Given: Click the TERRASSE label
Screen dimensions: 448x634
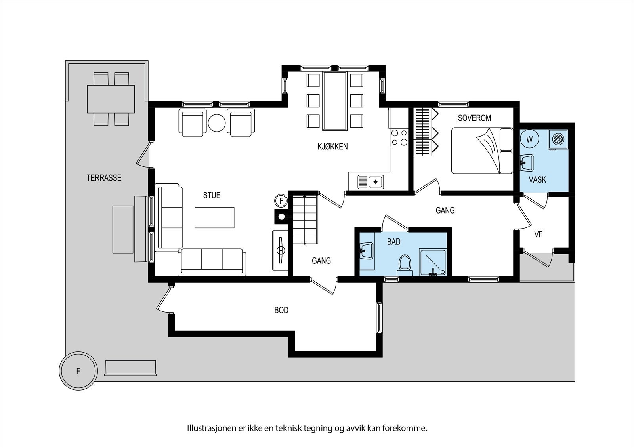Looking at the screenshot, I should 104,178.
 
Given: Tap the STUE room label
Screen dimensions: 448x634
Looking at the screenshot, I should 212,195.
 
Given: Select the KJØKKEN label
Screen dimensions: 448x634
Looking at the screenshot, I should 332,147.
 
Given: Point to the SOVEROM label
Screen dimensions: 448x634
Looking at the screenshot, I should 474,118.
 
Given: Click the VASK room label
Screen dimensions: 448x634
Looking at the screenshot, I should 537,180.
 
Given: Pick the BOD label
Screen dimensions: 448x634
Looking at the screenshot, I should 281,310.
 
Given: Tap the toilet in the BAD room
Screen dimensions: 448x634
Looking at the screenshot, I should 405,264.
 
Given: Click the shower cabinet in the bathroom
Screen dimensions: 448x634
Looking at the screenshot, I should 435,263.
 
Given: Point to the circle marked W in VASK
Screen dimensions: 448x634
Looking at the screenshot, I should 530,139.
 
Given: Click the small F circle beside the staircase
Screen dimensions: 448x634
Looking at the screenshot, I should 281,201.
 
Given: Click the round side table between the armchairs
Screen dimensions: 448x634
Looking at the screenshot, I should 216,123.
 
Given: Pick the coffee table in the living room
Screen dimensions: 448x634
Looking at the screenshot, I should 214,217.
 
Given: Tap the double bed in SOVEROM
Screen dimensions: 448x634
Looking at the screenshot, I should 481,151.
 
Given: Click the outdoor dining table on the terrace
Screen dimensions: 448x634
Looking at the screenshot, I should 111,99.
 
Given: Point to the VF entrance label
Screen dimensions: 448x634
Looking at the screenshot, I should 538,234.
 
